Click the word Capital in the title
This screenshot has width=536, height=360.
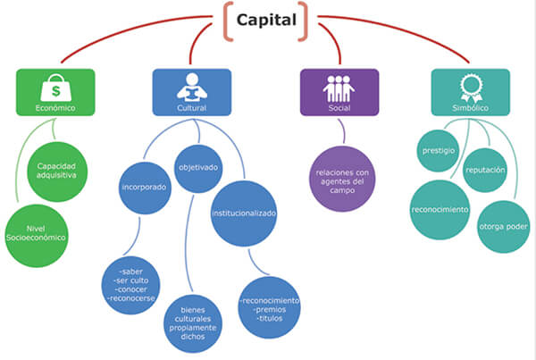point(267,19)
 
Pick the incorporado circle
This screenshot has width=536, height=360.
point(145,188)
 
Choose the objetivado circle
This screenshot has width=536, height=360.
point(197,166)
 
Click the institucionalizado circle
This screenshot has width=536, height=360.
point(244,214)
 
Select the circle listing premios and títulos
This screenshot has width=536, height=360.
point(269,306)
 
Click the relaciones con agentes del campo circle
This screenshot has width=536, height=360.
point(343,177)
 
